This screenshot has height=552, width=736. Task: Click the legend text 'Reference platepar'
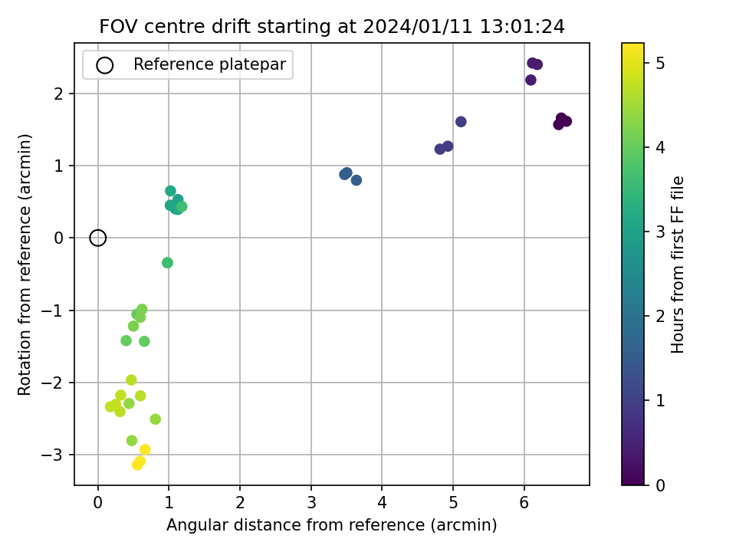coord(209,64)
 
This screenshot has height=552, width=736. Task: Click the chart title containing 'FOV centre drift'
coord(332,26)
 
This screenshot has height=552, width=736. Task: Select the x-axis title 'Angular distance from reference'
coord(331,524)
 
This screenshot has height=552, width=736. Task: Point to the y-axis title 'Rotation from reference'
coord(24,264)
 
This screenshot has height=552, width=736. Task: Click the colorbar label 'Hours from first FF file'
coord(677,264)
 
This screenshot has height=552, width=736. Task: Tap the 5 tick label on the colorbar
coord(660,63)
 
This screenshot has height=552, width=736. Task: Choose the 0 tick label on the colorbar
coord(660,485)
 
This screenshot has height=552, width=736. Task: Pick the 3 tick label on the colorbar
coord(660,232)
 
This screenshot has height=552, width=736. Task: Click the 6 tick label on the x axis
coord(524,503)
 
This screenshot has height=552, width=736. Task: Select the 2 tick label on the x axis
coord(240,503)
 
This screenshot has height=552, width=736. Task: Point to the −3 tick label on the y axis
coord(51,455)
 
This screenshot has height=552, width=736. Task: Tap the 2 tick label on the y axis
coord(58,94)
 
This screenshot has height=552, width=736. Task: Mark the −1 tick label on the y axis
coord(51,310)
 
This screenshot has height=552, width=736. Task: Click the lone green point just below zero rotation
coord(168,263)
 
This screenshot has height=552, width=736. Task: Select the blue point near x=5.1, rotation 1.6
coord(461,122)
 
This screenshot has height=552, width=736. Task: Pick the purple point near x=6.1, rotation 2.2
coord(531,80)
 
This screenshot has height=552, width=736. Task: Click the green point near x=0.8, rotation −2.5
coord(156,419)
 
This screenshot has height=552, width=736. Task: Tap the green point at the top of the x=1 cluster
coord(170,191)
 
